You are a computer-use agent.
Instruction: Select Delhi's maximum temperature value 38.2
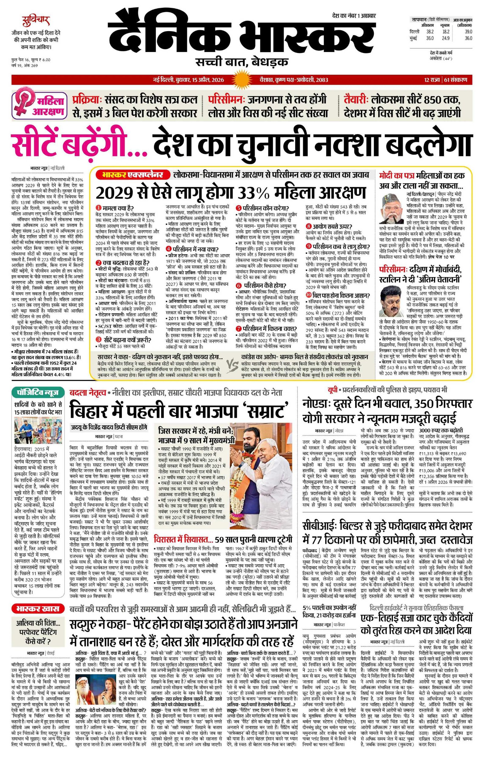coord(430,32)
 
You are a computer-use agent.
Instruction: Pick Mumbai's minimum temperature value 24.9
coord(446,38)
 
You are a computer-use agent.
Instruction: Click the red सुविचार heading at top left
coord(36,22)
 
